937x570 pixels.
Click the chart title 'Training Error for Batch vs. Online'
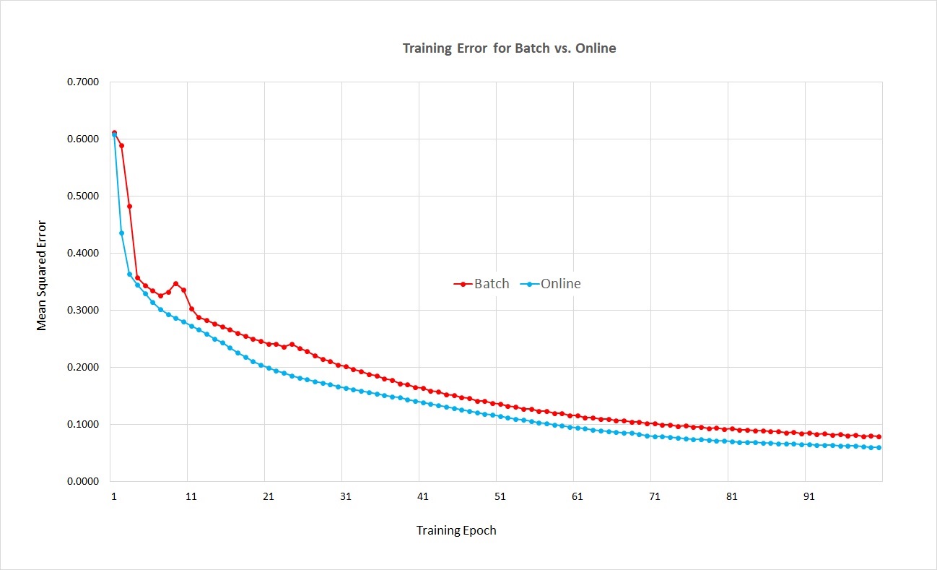tap(509, 49)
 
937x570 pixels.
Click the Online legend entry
tap(552, 284)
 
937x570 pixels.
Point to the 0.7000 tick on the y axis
tap(83, 82)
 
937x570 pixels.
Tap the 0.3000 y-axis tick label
tap(83, 310)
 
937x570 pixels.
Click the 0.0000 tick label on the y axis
tap(83, 481)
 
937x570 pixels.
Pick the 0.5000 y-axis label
tap(83, 196)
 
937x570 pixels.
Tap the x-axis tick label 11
tap(191, 497)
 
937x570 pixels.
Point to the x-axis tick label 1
tap(114, 497)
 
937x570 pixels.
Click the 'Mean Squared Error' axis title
tap(42, 275)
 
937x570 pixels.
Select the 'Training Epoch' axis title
tap(456, 530)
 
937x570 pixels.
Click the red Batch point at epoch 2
tap(122, 145)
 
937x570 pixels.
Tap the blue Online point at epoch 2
tap(122, 233)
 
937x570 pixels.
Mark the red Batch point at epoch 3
tap(130, 206)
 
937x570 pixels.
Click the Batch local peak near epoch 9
tap(175, 284)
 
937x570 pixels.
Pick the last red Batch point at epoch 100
tap(879, 436)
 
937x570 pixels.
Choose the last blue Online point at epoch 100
tap(879, 447)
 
